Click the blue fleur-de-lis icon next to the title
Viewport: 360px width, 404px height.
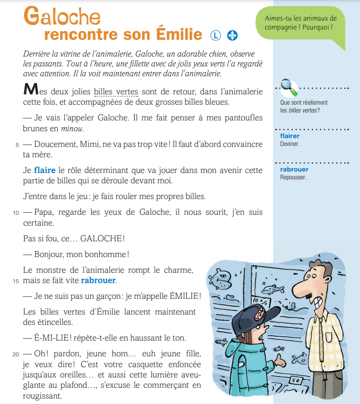tap(232, 35)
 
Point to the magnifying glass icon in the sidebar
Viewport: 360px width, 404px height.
tap(289, 88)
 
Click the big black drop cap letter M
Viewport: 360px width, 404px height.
tap(30, 90)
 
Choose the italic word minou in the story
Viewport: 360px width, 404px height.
tap(72, 129)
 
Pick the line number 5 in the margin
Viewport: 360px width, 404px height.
tap(17, 145)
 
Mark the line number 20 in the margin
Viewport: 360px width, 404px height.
tap(16, 353)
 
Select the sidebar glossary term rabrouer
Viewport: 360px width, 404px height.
tap(291, 170)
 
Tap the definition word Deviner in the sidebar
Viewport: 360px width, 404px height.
tap(290, 144)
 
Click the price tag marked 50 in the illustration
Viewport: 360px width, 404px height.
tap(295, 381)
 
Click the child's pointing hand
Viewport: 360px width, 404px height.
tap(281, 363)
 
